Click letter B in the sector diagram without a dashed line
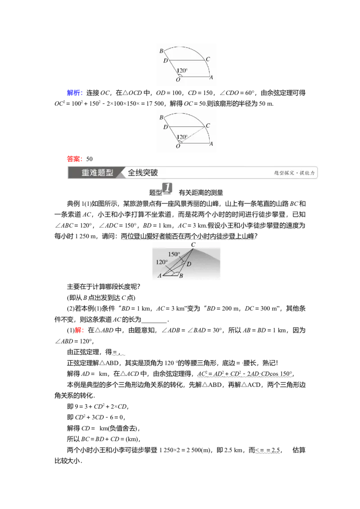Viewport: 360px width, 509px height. [x=161, y=51]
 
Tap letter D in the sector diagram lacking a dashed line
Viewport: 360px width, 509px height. [x=165, y=61]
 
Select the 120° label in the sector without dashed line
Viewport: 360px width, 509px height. [x=182, y=71]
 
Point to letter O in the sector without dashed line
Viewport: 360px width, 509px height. [x=178, y=80]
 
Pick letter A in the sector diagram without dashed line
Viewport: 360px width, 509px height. [x=211, y=77]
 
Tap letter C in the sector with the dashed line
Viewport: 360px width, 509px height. [x=207, y=126]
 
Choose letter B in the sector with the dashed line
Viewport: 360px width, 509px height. [x=161, y=117]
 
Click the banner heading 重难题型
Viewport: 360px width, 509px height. [x=97, y=173]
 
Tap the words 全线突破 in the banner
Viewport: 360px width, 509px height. [x=143, y=173]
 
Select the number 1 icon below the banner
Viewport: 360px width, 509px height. [x=167, y=189]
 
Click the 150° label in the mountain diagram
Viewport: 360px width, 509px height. [x=174, y=254]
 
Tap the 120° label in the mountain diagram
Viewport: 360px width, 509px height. [x=162, y=262]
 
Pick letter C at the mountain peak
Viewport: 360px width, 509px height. [x=193, y=245]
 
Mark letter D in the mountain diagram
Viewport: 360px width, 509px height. [x=189, y=264]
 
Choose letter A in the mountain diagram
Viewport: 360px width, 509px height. [x=159, y=276]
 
